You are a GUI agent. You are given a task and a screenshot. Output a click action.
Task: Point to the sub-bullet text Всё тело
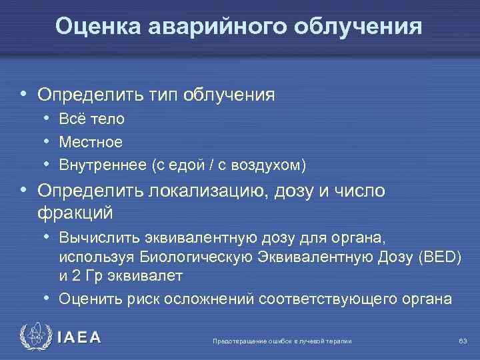91,119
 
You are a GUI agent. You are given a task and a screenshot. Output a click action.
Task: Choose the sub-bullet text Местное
91,142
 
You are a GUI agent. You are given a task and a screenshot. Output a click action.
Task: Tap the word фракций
75,213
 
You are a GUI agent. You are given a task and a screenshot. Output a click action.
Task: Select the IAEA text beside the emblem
79,338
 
